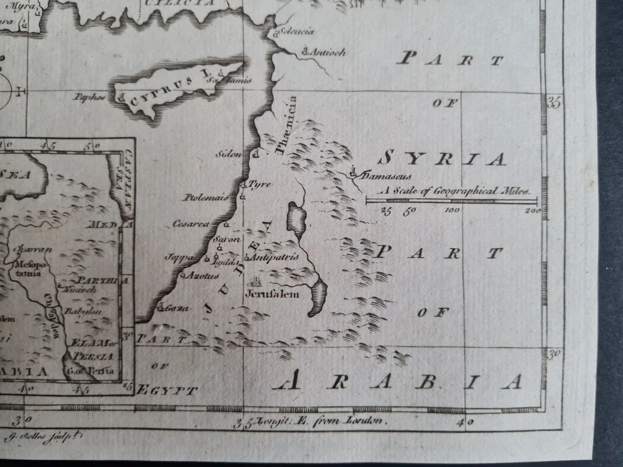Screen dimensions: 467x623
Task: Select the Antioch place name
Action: (328, 53)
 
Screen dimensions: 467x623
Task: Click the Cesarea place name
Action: (191, 224)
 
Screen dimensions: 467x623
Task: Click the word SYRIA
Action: (441, 159)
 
